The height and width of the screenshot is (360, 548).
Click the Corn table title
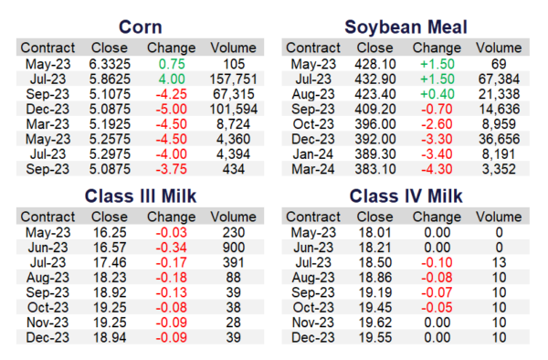point(140,27)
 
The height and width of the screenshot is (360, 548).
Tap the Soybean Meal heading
point(406,27)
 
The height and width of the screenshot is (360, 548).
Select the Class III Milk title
point(141,196)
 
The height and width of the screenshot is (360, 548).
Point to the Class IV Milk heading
point(406,196)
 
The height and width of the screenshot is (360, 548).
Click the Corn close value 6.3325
point(110,64)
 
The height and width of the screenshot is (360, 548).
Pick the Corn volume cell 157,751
point(233,79)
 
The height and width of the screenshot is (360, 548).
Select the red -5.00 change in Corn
point(172,110)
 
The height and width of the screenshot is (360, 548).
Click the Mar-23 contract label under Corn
point(47,124)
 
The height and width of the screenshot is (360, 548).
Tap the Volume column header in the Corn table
point(233,48)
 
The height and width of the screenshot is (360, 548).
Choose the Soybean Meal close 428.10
point(375,64)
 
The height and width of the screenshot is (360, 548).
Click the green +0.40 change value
point(437,94)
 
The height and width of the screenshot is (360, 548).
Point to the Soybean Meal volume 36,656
point(499,140)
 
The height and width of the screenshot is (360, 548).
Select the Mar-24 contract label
point(313,170)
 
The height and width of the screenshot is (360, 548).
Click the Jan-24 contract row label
point(313,154)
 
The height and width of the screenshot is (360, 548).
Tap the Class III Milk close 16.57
point(110,248)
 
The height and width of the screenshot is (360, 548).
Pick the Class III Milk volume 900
point(234,248)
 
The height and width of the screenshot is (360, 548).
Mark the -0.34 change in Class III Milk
point(172,248)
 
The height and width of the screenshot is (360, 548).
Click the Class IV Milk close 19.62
point(375,323)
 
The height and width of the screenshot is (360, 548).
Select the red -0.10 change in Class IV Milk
point(437,263)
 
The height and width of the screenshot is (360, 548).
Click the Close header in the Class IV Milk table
point(374,217)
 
